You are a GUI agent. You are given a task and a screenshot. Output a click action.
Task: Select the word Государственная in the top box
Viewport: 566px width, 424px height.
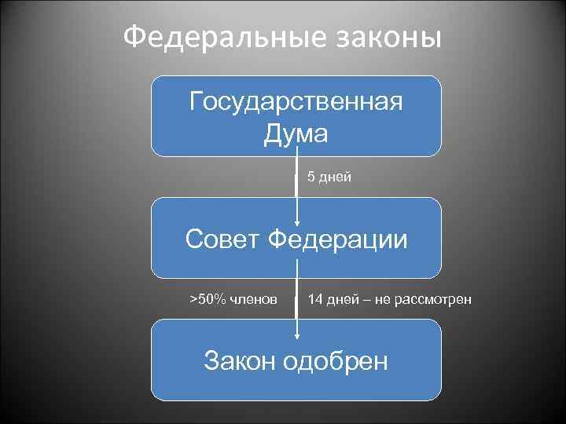(296, 101)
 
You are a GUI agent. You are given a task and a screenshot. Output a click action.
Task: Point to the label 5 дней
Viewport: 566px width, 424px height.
(329, 177)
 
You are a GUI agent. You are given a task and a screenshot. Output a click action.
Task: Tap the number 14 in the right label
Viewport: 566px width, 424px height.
(315, 299)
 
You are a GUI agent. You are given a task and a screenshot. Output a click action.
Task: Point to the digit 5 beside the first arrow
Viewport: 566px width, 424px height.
(311, 177)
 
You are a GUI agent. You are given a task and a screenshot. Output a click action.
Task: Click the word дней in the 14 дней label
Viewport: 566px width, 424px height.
(340, 299)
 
